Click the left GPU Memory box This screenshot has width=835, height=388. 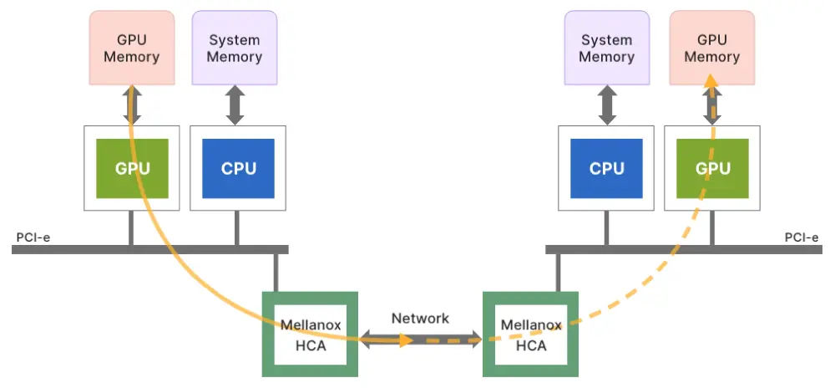point(132,48)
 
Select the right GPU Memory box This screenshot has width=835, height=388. point(711,48)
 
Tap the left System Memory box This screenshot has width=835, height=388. point(235,48)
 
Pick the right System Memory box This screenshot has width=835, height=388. point(606,48)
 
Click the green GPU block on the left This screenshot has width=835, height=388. point(132,168)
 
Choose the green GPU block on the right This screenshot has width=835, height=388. point(711,168)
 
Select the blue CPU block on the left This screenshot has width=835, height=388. point(238,168)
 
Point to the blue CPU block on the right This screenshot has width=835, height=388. point(606,168)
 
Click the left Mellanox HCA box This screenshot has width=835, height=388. point(311,334)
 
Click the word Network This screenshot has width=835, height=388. point(420,319)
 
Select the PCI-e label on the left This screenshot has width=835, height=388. point(33,237)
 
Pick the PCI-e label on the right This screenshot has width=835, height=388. point(802,237)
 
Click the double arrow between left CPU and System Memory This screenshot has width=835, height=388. point(235,105)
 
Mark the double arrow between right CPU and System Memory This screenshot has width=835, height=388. point(606,105)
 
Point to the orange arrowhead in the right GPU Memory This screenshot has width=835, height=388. point(709,80)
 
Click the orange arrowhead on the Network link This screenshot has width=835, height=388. point(405,340)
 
